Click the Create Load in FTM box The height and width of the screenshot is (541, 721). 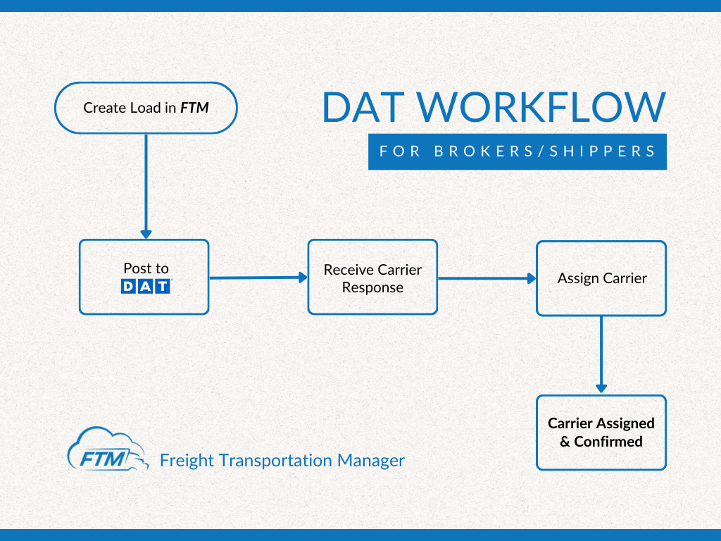[x=146, y=108]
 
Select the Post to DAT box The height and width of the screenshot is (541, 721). [x=144, y=277]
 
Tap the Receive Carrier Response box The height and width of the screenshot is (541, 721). [x=372, y=278]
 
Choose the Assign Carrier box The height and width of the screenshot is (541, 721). [x=601, y=278]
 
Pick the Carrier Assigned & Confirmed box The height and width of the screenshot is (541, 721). [x=601, y=433]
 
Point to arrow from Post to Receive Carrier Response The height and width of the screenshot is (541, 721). [x=258, y=278]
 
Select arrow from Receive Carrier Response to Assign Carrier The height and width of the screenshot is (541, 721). [x=487, y=278]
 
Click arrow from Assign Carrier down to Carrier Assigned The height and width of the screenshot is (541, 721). [x=601, y=354]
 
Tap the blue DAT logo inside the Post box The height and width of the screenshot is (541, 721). [x=146, y=286]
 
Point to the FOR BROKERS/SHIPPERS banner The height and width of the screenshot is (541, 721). [x=517, y=151]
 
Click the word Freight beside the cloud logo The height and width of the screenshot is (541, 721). [x=187, y=461]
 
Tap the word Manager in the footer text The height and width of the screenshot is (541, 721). [x=371, y=461]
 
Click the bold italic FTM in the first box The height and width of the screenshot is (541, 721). [x=194, y=108]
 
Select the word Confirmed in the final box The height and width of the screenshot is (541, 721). [x=608, y=442]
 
